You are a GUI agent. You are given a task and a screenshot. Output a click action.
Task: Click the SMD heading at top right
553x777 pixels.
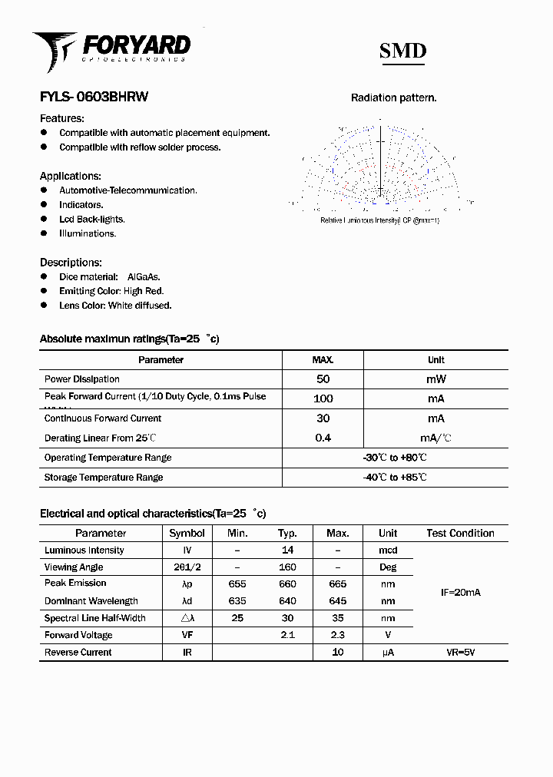[402, 51]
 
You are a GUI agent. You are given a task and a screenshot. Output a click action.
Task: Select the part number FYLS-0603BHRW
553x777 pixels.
[94, 98]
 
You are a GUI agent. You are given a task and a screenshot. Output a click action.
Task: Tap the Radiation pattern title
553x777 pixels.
[393, 98]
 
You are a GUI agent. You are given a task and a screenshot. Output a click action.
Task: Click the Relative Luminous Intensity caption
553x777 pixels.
[379, 220]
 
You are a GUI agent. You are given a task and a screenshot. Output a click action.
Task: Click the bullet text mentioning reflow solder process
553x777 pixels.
[140, 147]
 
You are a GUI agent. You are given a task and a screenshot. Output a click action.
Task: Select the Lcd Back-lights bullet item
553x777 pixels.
[91, 220]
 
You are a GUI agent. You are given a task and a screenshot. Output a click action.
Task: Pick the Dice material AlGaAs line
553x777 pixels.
[109, 277]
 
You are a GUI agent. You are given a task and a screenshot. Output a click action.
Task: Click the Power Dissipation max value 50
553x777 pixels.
[323, 379]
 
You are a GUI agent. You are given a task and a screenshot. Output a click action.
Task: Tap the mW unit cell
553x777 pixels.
[435, 379]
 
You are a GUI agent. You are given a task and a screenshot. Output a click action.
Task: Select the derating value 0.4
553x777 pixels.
[323, 438]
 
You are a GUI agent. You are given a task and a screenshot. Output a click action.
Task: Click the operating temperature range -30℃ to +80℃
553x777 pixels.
[395, 458]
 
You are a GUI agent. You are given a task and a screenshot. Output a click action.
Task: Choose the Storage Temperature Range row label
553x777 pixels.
[104, 478]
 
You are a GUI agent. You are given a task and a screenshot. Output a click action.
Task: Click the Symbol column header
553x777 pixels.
[187, 533]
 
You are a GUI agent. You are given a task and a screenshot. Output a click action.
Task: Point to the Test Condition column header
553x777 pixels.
[460, 533]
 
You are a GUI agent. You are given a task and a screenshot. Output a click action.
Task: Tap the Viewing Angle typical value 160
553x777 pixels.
[287, 567]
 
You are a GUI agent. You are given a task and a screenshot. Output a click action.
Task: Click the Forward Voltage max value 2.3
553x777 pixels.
[337, 635]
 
